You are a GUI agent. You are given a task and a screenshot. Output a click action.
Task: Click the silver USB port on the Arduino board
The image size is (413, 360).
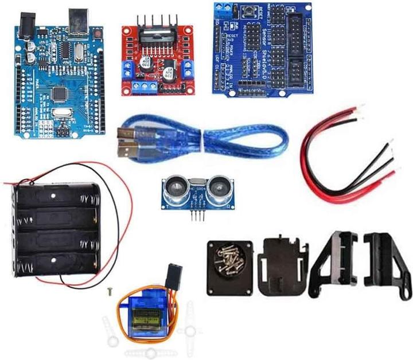click(76, 21)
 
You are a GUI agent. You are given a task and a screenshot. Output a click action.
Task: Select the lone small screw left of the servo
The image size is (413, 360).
click(107, 292)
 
